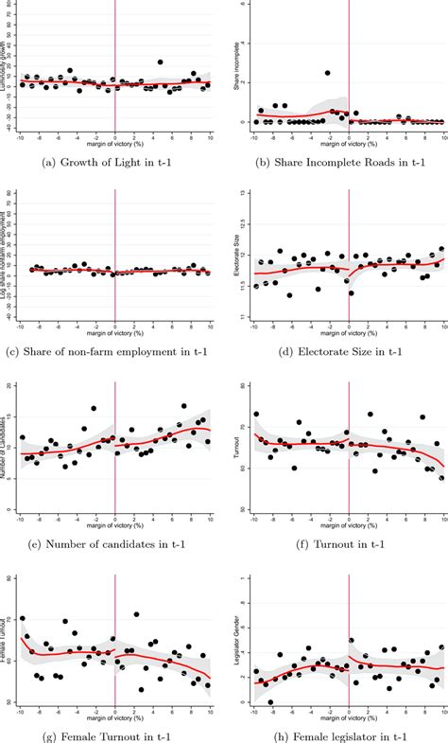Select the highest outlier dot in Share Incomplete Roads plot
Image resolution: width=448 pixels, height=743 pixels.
(x=327, y=73)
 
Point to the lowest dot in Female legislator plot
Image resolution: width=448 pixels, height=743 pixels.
(x=270, y=702)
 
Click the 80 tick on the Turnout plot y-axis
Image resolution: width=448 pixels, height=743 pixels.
(x=243, y=386)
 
